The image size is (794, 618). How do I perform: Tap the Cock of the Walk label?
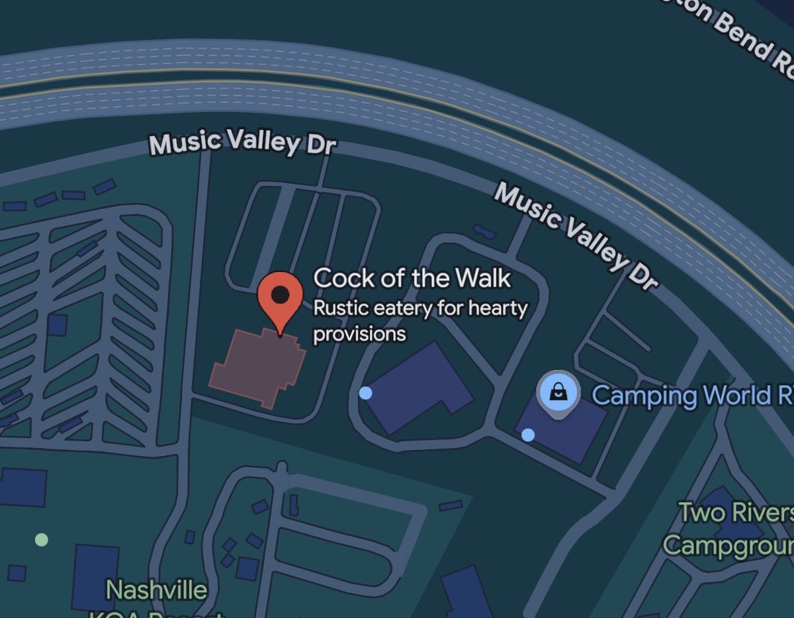pos(412,278)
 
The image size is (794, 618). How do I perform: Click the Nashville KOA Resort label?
pos(157,596)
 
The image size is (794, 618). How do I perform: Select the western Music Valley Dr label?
pos(242,141)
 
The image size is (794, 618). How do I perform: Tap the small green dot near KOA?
pos(41,539)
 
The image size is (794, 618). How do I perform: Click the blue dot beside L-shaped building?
pos(365,394)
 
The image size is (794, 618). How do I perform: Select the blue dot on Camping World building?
pos(528,435)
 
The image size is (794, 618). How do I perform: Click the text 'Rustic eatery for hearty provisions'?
pos(419,321)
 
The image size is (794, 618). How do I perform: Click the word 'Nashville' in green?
pos(157,589)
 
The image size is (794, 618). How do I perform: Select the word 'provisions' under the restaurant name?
pos(359,334)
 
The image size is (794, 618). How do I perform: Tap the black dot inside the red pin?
pos(281,294)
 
